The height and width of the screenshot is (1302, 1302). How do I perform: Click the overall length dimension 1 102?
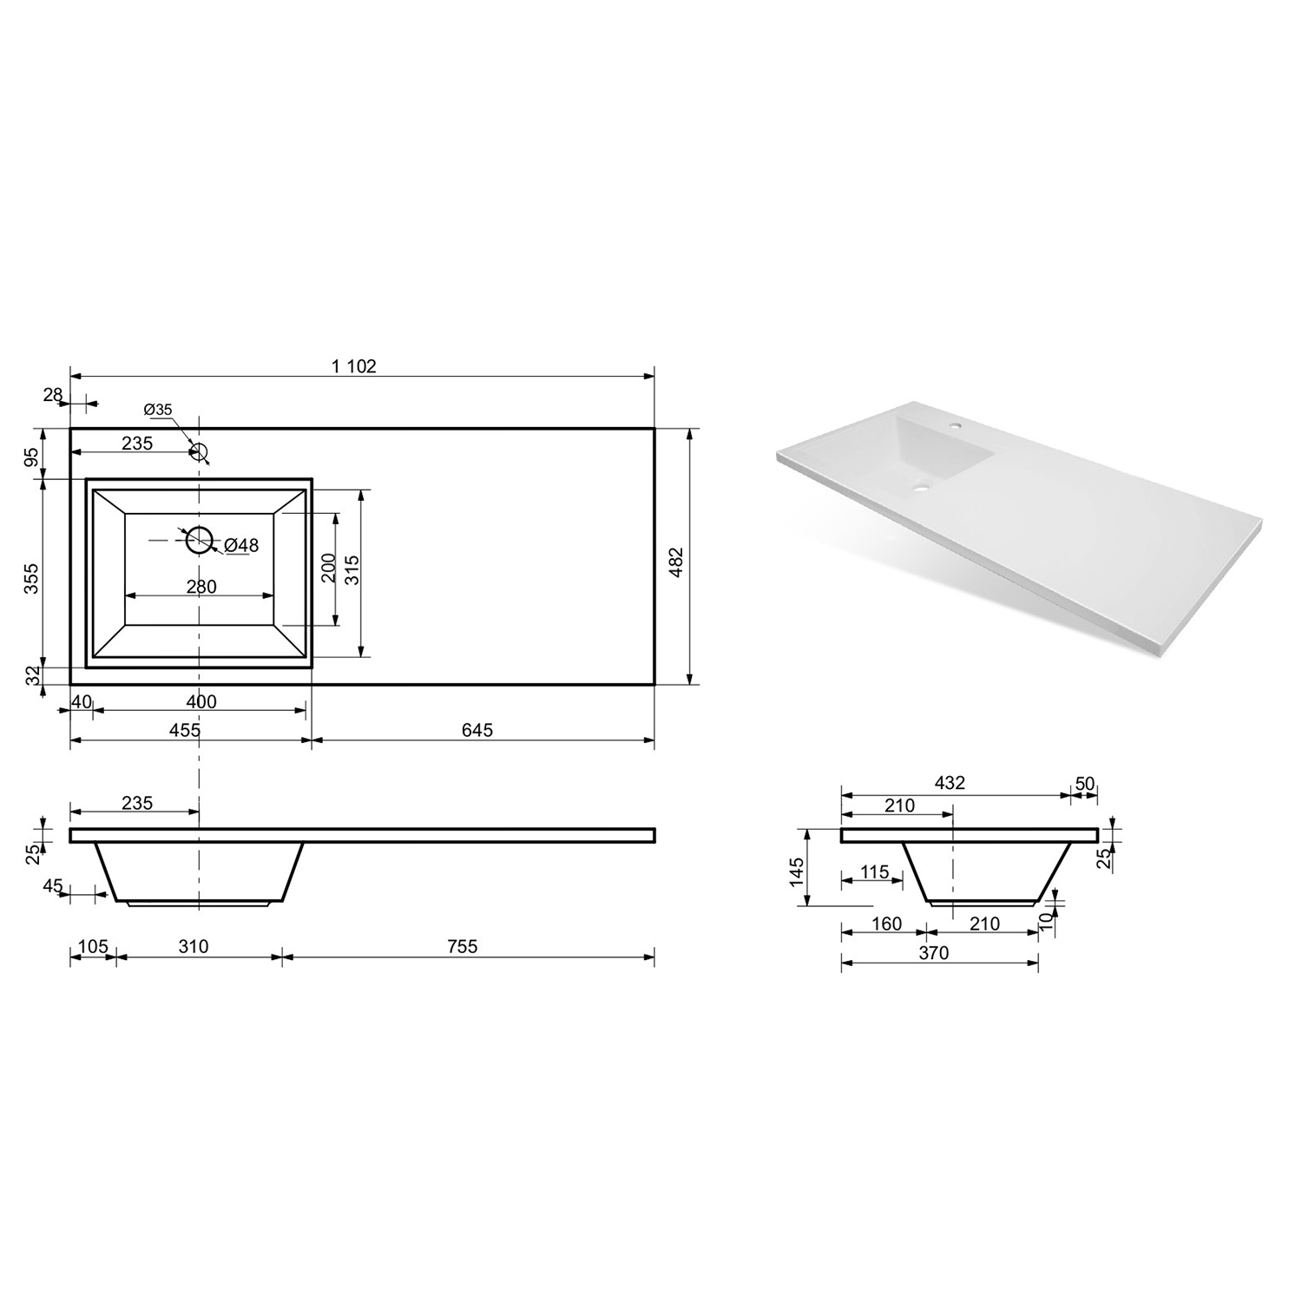tap(354, 366)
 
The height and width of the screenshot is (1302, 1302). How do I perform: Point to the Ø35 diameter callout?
tap(158, 409)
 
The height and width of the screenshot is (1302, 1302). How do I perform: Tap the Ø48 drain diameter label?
tap(241, 545)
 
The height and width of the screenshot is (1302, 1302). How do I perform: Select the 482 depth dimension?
tap(677, 562)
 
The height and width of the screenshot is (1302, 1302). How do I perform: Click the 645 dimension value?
tap(477, 731)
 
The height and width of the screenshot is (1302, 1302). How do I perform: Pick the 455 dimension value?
tap(185, 731)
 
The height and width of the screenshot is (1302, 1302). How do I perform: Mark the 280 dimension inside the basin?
tap(201, 587)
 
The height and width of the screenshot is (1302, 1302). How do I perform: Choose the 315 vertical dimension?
tap(352, 569)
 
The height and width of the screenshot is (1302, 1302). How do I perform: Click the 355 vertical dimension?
tap(31, 578)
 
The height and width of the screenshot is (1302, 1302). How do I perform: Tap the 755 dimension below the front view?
tap(462, 946)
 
